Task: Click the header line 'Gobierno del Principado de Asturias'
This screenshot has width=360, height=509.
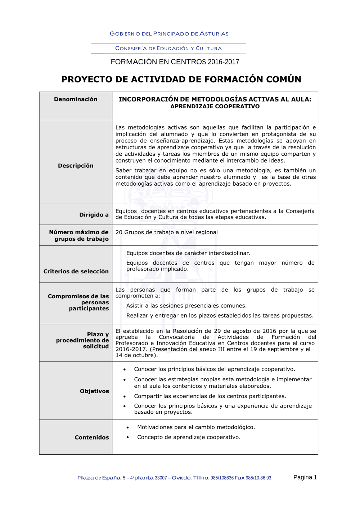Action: (169, 34)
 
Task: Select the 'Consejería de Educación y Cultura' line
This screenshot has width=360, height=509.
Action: (168, 48)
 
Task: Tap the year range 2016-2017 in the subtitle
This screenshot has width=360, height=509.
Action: (223, 62)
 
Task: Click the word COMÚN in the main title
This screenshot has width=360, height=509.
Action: (283, 79)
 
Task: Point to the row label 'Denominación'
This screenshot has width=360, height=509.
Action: (76, 99)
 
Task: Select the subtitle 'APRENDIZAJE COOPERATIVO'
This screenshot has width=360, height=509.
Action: (215, 106)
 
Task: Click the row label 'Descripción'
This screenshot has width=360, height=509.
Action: (76, 166)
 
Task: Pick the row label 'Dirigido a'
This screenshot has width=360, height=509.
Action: (94, 215)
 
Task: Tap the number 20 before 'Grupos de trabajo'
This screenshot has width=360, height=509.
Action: (119, 232)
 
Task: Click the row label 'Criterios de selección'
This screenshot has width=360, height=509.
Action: (76, 272)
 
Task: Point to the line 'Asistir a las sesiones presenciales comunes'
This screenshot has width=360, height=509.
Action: (186, 306)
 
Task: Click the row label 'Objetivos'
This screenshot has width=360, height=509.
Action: (94, 391)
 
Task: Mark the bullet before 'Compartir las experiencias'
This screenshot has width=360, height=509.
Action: (125, 397)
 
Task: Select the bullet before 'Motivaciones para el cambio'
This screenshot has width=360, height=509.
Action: (128, 428)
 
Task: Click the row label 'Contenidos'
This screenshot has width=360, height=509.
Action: (92, 438)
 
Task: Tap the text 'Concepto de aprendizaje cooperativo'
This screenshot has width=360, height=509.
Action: (189, 437)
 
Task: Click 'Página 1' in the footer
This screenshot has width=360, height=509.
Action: (305, 477)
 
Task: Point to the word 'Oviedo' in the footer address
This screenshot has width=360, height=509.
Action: (181, 478)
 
